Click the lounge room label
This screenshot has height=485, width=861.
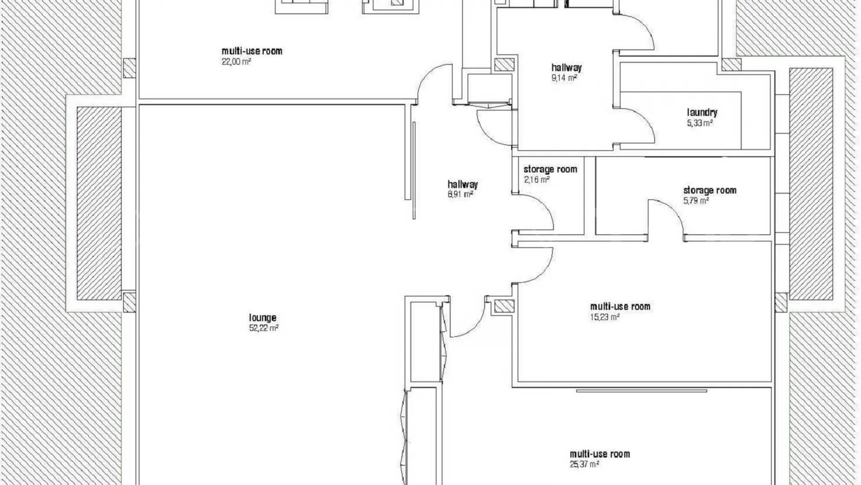point(262,318)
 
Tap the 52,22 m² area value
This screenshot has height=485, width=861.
point(264,328)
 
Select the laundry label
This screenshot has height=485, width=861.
point(702,113)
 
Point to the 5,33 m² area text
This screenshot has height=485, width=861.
point(700,123)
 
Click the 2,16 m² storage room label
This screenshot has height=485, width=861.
point(550,169)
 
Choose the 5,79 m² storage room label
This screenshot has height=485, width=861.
point(709,190)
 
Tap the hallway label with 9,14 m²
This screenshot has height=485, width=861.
point(566,68)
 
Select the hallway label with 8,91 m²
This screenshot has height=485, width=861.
point(462,184)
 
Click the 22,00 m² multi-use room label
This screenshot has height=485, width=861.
point(252,51)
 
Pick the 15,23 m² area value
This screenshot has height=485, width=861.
point(605,317)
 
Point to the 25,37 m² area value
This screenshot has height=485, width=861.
point(584,465)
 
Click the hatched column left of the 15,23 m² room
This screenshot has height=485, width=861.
point(504,306)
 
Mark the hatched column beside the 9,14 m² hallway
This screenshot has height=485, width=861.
point(504,65)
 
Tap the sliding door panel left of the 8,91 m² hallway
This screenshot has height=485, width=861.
point(414,170)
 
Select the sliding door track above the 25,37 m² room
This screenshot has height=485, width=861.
point(642,391)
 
